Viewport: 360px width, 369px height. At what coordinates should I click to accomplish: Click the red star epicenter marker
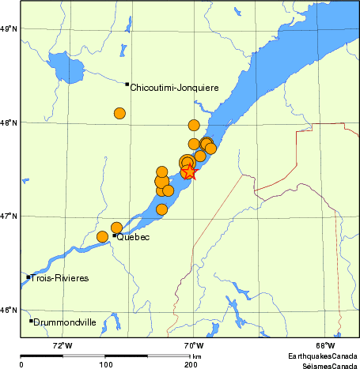pyautogui.click(x=189, y=172)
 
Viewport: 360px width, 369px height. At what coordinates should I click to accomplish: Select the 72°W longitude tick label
pyautogui.click(x=63, y=345)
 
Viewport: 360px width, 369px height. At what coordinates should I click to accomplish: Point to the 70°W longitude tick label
pyautogui.click(x=194, y=345)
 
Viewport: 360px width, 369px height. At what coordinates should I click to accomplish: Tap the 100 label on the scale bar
pyautogui.click(x=105, y=364)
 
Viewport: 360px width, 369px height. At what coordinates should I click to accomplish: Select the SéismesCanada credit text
pyautogui.click(x=324, y=365)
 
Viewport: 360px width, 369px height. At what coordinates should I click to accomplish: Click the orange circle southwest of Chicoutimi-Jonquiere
pyautogui.click(x=119, y=113)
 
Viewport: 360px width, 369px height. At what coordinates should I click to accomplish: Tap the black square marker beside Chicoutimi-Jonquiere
pyautogui.click(x=127, y=84)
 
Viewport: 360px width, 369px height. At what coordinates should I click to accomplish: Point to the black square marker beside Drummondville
pyautogui.click(x=32, y=321)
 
